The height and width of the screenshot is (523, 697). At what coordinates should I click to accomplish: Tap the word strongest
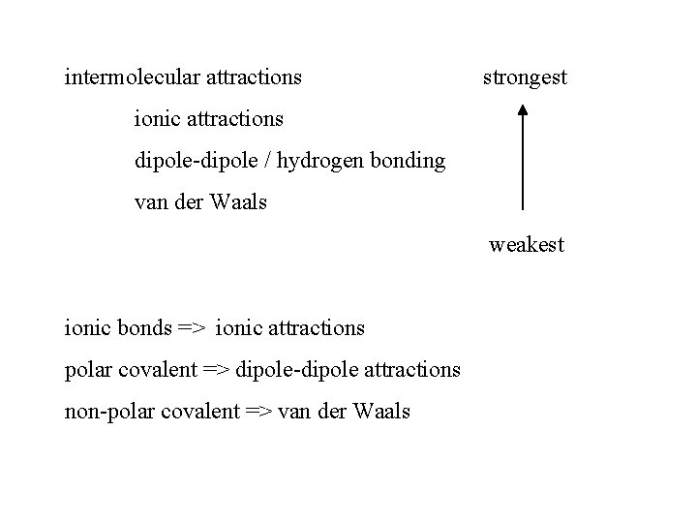[525, 77]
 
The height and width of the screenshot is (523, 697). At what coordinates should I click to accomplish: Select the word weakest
[526, 246]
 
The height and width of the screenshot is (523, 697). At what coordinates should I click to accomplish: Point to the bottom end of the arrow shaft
[523, 208]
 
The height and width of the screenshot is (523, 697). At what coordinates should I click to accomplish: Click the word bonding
[410, 162]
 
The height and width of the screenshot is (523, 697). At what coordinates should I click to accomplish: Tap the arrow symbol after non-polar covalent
[259, 412]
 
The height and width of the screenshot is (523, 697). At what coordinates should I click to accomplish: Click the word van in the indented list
[150, 203]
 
